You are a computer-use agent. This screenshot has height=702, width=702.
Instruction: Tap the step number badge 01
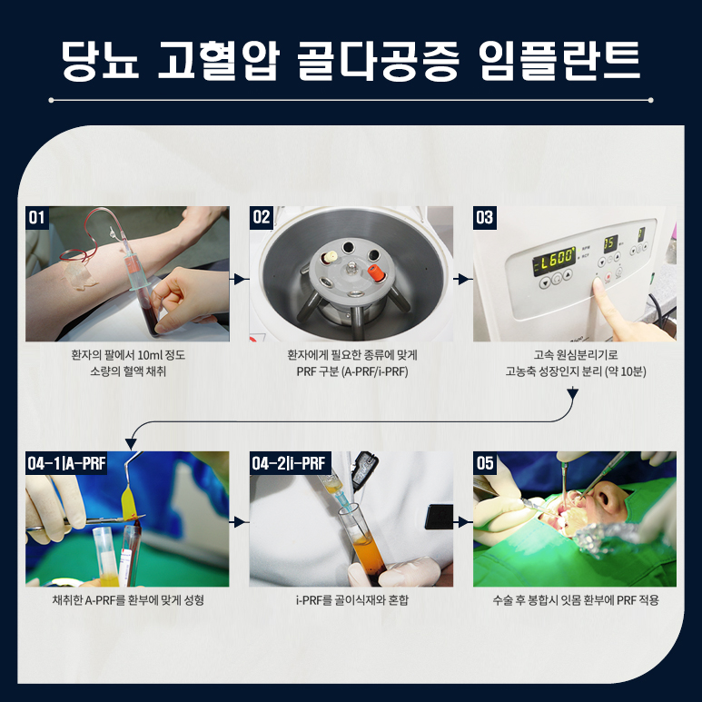point(37,217)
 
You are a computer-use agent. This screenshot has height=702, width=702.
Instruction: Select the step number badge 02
point(262,217)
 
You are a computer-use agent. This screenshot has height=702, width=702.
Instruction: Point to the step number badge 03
point(484,217)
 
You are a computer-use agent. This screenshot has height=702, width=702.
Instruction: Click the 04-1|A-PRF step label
point(67,463)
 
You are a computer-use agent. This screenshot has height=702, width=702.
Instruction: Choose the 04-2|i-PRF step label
point(290,463)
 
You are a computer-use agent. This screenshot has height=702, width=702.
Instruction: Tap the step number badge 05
point(485,463)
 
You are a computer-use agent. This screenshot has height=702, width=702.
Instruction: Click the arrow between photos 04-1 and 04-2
point(240,523)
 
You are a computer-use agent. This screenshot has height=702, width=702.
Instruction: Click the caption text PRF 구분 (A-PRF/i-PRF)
point(351,371)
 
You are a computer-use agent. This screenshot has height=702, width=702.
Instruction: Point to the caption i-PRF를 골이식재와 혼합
point(351,600)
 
